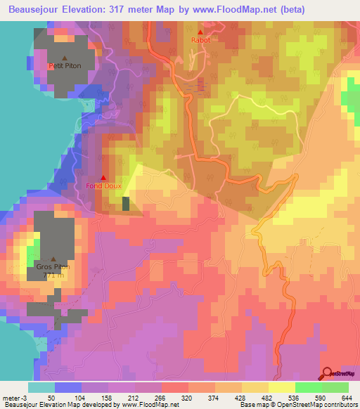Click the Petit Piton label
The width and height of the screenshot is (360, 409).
coord(61,66)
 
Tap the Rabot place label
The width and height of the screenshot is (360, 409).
coord(200,41)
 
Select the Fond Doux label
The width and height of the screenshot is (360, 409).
coord(104,186)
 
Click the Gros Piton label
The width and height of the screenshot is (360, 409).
coord(53,267)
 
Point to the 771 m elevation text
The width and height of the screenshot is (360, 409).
coord(53,276)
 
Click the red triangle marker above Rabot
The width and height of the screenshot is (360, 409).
coord(200,32)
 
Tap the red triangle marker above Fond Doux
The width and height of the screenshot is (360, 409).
coord(104,178)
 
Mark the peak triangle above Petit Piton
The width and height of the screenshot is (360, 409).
coord(65,58)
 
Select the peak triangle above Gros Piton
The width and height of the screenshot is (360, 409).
coord(53,258)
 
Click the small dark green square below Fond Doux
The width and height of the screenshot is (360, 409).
coord(126,204)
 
